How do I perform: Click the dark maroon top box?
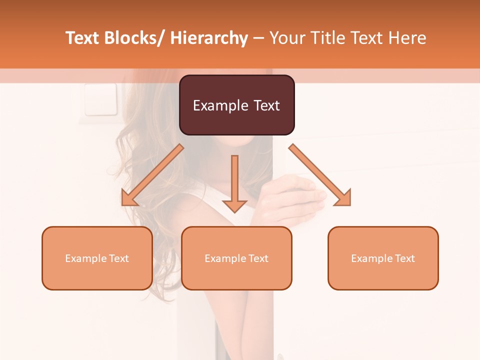[236, 105]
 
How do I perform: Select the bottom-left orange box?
[97, 258]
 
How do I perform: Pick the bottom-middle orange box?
[236, 258]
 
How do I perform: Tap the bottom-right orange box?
[383, 258]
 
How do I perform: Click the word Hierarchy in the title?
[209, 38]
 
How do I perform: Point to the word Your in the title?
[287, 38]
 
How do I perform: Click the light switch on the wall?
[100, 99]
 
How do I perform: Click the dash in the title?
[259, 38]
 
